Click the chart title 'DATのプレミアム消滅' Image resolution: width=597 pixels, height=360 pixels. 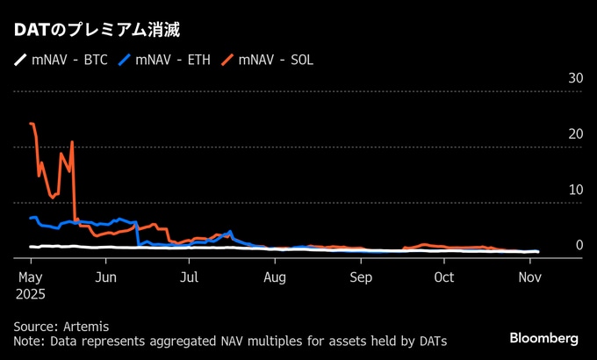(x=97, y=30)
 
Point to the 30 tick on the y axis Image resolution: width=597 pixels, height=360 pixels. (x=576, y=79)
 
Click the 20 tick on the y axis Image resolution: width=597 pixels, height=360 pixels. (x=576, y=134)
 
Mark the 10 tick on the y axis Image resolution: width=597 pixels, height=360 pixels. (x=576, y=190)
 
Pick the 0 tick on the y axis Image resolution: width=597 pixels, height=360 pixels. (x=579, y=245)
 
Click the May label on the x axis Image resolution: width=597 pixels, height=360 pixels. (x=30, y=277)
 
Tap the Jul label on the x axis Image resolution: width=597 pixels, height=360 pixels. (x=190, y=277)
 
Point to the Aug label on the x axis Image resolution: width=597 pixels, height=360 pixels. (x=275, y=277)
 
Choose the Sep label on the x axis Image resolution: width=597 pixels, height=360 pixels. (x=360, y=277)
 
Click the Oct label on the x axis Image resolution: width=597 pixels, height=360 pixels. (x=444, y=277)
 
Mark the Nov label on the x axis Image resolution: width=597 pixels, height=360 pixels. (x=529, y=277)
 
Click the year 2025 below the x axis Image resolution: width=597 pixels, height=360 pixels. (x=30, y=295)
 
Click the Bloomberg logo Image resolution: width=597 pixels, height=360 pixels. (x=544, y=338)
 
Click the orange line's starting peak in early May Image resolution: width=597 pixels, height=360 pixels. (x=32, y=124)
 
